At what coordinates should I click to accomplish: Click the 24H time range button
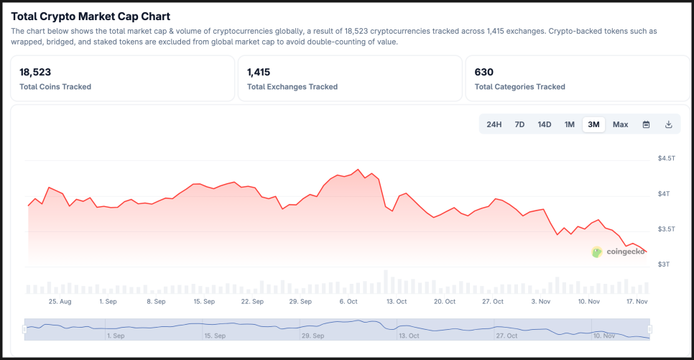pyautogui.click(x=494, y=124)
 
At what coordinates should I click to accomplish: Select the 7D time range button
pyautogui.click(x=519, y=124)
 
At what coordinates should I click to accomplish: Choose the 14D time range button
pyautogui.click(x=545, y=124)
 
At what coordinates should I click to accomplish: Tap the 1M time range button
pyautogui.click(x=570, y=124)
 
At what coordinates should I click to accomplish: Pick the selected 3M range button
pyautogui.click(x=593, y=124)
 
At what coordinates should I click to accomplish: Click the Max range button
pyautogui.click(x=621, y=124)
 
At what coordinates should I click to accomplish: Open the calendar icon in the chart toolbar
pyautogui.click(x=646, y=124)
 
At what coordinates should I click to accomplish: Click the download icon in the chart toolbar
pyautogui.click(x=669, y=124)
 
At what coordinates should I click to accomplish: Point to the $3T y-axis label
pyautogui.click(x=663, y=264)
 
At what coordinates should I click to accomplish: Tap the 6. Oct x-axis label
pyautogui.click(x=348, y=302)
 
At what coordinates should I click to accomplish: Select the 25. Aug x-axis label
pyautogui.click(x=60, y=302)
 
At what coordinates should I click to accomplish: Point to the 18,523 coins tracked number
pyautogui.click(x=35, y=72)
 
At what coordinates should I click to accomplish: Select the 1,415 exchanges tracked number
pyautogui.click(x=259, y=72)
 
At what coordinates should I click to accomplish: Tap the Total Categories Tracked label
pyautogui.click(x=519, y=87)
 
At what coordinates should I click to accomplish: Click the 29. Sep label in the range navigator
pyautogui.click(x=312, y=336)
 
